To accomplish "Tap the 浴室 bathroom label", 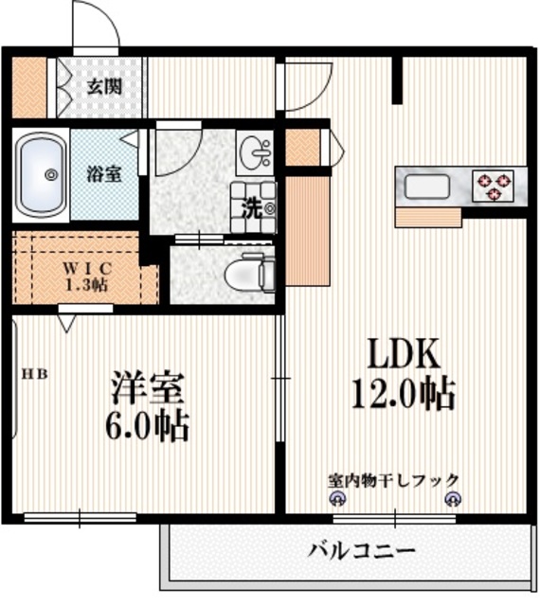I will (x=103, y=174).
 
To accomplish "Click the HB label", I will (x=36, y=373).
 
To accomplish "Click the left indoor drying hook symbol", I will (x=335, y=500).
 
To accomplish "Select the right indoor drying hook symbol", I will (x=451, y=500).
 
